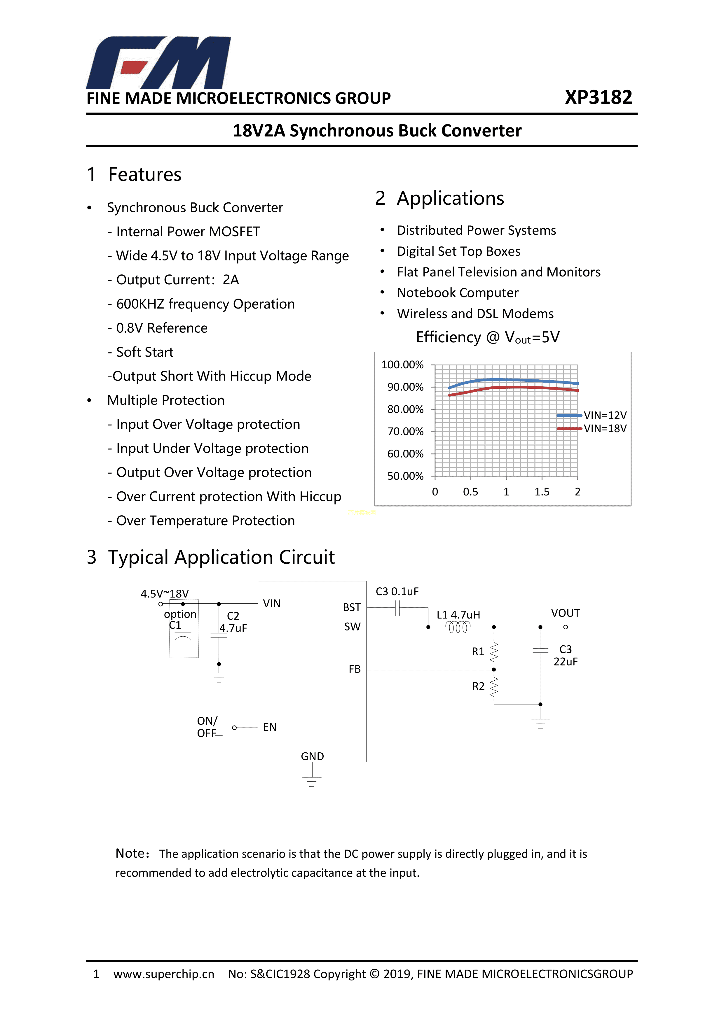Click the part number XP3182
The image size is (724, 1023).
click(x=598, y=98)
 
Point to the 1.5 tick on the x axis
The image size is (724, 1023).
click(x=542, y=492)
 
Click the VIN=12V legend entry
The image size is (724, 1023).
click(x=605, y=415)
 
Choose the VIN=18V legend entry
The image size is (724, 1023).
click(x=605, y=429)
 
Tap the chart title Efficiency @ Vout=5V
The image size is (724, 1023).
click(x=487, y=337)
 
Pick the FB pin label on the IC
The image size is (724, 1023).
click(x=355, y=669)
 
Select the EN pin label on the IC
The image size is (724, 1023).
click(x=270, y=727)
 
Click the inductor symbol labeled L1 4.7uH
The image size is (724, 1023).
click(x=458, y=627)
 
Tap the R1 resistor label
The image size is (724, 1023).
click(x=478, y=652)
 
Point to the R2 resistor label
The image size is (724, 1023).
click(x=478, y=686)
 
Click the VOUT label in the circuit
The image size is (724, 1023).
click(x=565, y=613)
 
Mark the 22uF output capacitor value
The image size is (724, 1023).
click(x=565, y=662)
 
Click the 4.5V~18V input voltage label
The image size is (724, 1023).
click(x=165, y=593)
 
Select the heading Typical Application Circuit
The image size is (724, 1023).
click(x=221, y=557)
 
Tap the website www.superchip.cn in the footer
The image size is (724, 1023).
click(x=164, y=974)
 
